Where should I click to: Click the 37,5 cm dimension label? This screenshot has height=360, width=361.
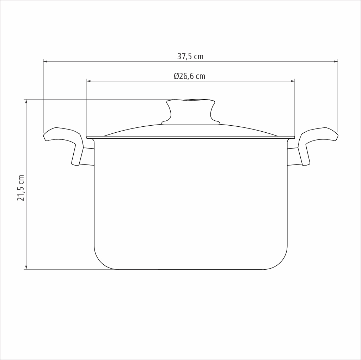190,56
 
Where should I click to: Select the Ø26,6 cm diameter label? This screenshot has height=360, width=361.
189,76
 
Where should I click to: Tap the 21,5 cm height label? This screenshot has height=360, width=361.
21,188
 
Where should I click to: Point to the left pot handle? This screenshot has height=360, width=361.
63,141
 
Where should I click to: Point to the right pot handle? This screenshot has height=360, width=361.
317,141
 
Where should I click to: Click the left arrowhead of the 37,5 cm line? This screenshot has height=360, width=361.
45,61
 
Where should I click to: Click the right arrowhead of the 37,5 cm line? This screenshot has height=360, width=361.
336,61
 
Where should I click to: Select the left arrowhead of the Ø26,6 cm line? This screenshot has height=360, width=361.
89,81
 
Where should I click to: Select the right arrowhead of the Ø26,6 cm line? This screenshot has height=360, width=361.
293,81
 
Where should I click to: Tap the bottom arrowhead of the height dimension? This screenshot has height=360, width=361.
26,267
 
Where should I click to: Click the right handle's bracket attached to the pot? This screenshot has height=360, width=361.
293,157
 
